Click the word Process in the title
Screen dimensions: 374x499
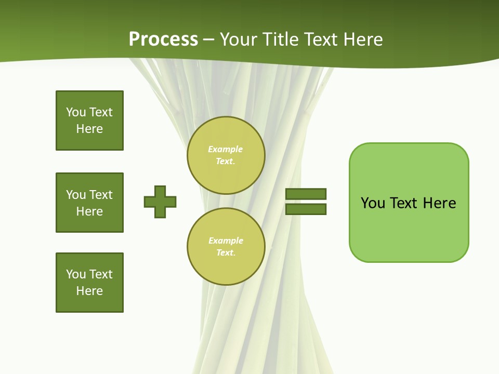[x=163, y=39]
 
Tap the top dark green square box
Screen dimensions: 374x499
[x=89, y=121]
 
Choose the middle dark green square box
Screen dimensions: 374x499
[x=89, y=203]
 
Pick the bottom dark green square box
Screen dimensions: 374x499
[x=89, y=283]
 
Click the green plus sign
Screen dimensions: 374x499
[x=160, y=202]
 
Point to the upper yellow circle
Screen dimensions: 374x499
[x=226, y=155]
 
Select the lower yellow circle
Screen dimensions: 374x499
[x=226, y=247]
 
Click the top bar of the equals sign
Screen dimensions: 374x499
[x=306, y=194]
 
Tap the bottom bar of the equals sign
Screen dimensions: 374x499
[x=306, y=209]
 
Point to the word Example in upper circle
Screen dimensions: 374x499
[x=226, y=149]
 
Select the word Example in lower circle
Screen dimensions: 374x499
[x=226, y=241]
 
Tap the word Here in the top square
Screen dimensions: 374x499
[x=89, y=129]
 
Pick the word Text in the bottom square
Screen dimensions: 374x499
[x=101, y=274]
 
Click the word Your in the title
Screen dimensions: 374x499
[x=239, y=39]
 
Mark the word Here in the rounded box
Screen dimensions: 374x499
[x=439, y=203]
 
